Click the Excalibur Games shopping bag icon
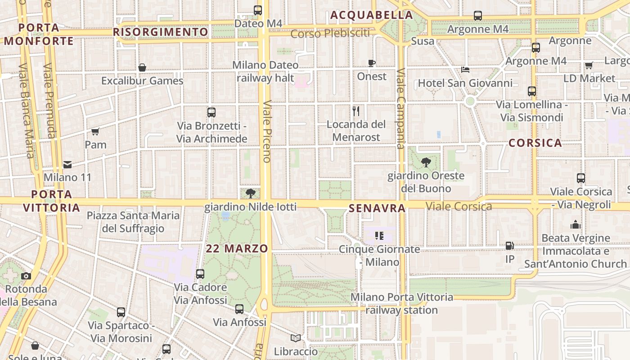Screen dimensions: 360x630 click(142, 67)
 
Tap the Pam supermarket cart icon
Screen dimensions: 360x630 click(95, 131)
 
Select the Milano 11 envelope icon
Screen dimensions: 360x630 click(67, 164)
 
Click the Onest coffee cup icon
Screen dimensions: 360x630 click(372, 63)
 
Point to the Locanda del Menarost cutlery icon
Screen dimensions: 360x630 click(356, 111)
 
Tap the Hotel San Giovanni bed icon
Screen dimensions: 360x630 click(465, 70)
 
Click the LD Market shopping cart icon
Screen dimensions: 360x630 click(589, 65)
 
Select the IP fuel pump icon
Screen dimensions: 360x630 click(509, 246)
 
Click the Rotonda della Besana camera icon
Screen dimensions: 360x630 click(26, 276)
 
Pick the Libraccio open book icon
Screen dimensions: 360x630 click(296, 338)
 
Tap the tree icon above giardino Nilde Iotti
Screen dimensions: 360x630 click(251, 193)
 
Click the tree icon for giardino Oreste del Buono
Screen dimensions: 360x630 click(426, 162)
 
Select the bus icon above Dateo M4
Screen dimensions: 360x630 click(258, 10)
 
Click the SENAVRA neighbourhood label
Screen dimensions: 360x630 click(377, 208)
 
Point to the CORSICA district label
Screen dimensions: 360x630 click(535, 143)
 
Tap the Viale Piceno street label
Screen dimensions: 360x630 click(267, 130)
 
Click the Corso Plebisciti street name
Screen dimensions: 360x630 click(330, 33)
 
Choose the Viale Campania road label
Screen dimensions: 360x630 click(400, 108)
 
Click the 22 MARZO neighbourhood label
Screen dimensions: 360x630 click(237, 248)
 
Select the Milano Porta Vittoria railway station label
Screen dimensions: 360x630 click(402, 303)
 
